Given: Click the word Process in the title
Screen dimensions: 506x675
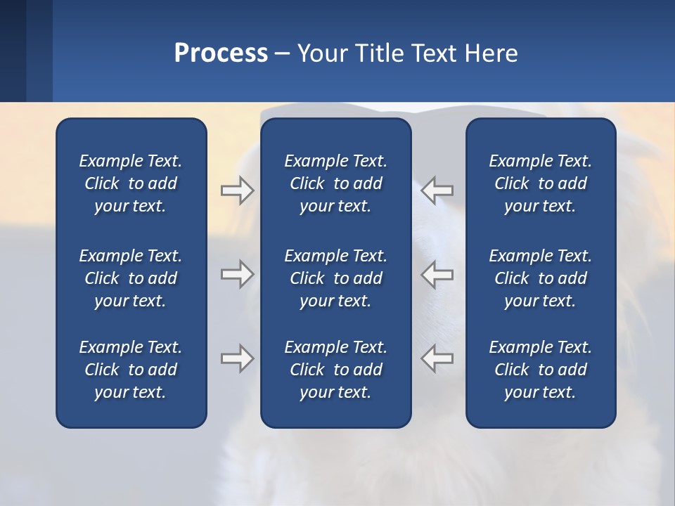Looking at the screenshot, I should pyautogui.click(x=221, y=53).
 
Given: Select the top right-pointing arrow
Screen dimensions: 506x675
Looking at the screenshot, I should pyautogui.click(x=238, y=190).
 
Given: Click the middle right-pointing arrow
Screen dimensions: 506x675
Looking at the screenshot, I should pyautogui.click(x=238, y=274).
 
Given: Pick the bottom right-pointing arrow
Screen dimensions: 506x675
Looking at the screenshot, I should pyautogui.click(x=238, y=358).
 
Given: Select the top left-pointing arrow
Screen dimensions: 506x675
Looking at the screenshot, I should pyautogui.click(x=437, y=190).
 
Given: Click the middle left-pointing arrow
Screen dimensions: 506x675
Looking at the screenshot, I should pyautogui.click(x=437, y=274).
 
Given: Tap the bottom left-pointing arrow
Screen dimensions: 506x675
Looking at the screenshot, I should pyautogui.click(x=437, y=358).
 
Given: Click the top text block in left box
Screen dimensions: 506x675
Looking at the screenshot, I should pyautogui.click(x=131, y=183).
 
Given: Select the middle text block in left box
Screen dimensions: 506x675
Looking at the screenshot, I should pyautogui.click(x=131, y=278).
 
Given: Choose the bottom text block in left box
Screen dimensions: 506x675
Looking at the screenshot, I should pyautogui.click(x=131, y=370).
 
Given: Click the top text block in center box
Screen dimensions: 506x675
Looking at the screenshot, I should pyautogui.click(x=335, y=183).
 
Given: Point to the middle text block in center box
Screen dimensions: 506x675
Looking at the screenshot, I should pyautogui.click(x=335, y=278).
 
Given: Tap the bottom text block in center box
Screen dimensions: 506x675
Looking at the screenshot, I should pyautogui.click(x=335, y=370).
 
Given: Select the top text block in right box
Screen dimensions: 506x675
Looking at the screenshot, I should pyautogui.click(x=541, y=183).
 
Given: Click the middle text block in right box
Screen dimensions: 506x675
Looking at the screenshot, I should pyautogui.click(x=541, y=278).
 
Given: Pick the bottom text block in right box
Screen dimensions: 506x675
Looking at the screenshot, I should pyautogui.click(x=541, y=370).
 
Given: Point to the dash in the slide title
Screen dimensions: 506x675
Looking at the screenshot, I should pyautogui.click(x=283, y=54).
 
